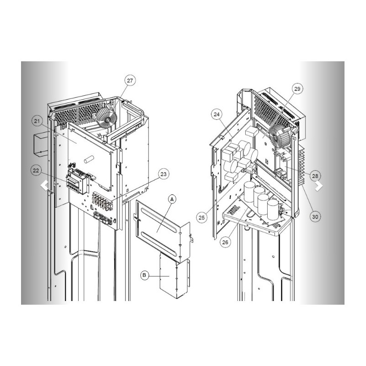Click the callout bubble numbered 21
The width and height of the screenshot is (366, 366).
tap(37, 121)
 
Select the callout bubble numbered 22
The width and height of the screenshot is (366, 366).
tap(36, 171)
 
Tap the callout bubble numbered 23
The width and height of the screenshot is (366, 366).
tap(164, 174)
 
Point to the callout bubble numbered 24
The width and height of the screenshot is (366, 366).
tap(216, 114)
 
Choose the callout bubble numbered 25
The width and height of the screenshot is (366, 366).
tap(201, 218)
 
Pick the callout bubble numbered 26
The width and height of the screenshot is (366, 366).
tap(225, 242)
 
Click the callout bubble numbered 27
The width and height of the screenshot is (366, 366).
tap(130, 81)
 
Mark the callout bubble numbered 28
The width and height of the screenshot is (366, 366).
tap(315, 176)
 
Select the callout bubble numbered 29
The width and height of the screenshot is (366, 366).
tap(297, 89)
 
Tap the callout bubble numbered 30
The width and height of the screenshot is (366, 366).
tap(315, 217)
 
